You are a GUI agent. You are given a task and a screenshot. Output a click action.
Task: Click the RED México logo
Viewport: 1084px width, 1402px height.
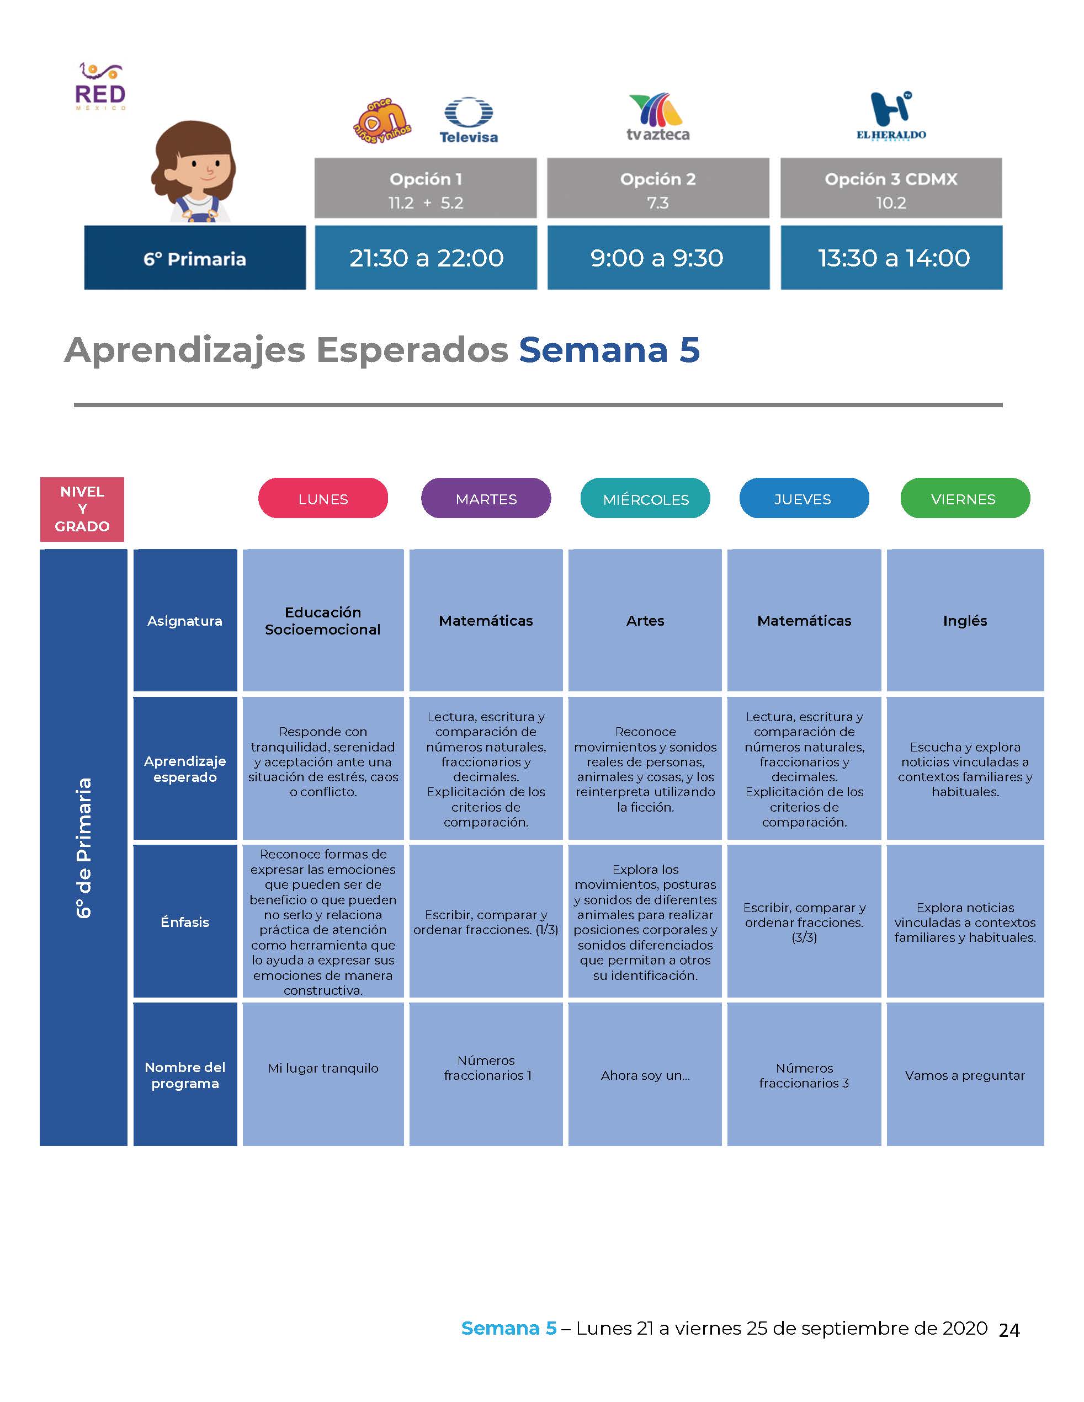pos(100,87)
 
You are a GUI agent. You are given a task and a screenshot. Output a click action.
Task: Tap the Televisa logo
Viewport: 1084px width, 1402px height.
pos(469,120)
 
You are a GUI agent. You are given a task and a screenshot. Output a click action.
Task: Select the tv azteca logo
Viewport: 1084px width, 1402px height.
pos(657,118)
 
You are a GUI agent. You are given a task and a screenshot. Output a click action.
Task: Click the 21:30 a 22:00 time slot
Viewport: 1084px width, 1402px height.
pos(426,258)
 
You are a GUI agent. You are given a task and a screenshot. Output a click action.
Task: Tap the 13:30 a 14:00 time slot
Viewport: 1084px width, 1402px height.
pos(891,258)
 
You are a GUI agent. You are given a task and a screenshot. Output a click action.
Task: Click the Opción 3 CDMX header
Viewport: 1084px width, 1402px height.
pos(891,188)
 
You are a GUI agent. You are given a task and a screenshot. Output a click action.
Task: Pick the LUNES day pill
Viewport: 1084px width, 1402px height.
pos(323,498)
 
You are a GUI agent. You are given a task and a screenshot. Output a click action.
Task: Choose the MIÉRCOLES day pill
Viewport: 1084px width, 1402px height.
pos(645,498)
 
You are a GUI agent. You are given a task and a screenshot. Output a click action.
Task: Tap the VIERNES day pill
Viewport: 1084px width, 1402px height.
pos(965,498)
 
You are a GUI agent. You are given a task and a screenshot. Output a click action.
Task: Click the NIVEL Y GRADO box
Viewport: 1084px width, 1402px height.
pos(82,509)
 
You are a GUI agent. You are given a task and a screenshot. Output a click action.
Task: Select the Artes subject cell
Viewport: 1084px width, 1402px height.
pos(645,620)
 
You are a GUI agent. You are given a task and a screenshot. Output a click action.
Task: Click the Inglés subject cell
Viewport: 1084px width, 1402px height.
pos(965,620)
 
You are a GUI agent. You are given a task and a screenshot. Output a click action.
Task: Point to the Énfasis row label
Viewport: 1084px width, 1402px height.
pos(185,921)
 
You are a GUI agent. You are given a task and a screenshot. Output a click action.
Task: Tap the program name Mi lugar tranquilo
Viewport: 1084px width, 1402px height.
pos(323,1068)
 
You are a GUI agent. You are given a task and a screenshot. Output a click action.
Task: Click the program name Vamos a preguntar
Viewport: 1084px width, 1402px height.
pos(965,1075)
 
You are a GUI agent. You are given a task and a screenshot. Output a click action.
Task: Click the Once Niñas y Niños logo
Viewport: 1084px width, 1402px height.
pos(382,120)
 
